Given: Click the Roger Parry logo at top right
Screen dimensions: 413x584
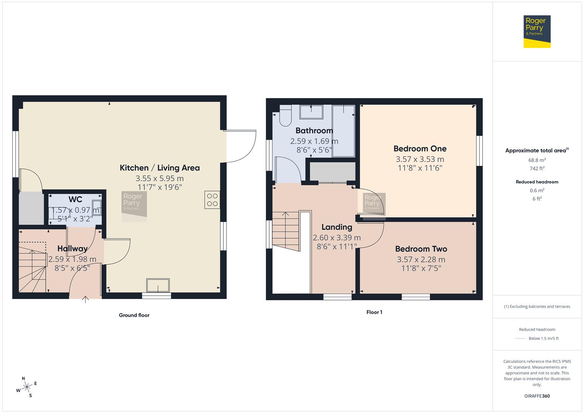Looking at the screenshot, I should tap(537, 31).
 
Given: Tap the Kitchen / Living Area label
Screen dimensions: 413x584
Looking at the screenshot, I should tap(159, 167).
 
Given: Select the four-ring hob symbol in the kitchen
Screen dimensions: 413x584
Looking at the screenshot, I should tap(212, 200).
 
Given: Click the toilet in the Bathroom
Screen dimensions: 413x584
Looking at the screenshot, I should tap(285, 116).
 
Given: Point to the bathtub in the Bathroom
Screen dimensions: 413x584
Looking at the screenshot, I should tap(343, 131).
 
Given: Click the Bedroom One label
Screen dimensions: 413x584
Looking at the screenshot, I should tap(420, 148).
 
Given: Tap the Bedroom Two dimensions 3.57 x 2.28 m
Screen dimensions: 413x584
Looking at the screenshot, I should tap(421, 259).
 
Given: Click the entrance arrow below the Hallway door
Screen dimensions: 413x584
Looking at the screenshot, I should tap(85, 299).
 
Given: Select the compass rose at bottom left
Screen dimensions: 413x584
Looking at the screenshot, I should tap(27, 387).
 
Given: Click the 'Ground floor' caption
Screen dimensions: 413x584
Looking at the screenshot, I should tap(134, 315).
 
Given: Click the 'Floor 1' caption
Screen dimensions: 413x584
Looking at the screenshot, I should tap(374, 312).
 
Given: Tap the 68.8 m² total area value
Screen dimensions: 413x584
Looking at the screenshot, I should tap(537, 160).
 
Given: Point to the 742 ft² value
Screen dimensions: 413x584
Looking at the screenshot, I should tap(537, 168).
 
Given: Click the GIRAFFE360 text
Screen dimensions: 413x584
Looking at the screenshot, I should tap(537, 396).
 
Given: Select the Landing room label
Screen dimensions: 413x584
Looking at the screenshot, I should tap(337, 227).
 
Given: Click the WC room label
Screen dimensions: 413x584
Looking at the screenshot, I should tap(75, 199).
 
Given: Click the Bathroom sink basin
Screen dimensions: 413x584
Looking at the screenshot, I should tap(311, 112).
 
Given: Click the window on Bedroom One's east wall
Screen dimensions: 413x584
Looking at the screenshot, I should tap(479, 151).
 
